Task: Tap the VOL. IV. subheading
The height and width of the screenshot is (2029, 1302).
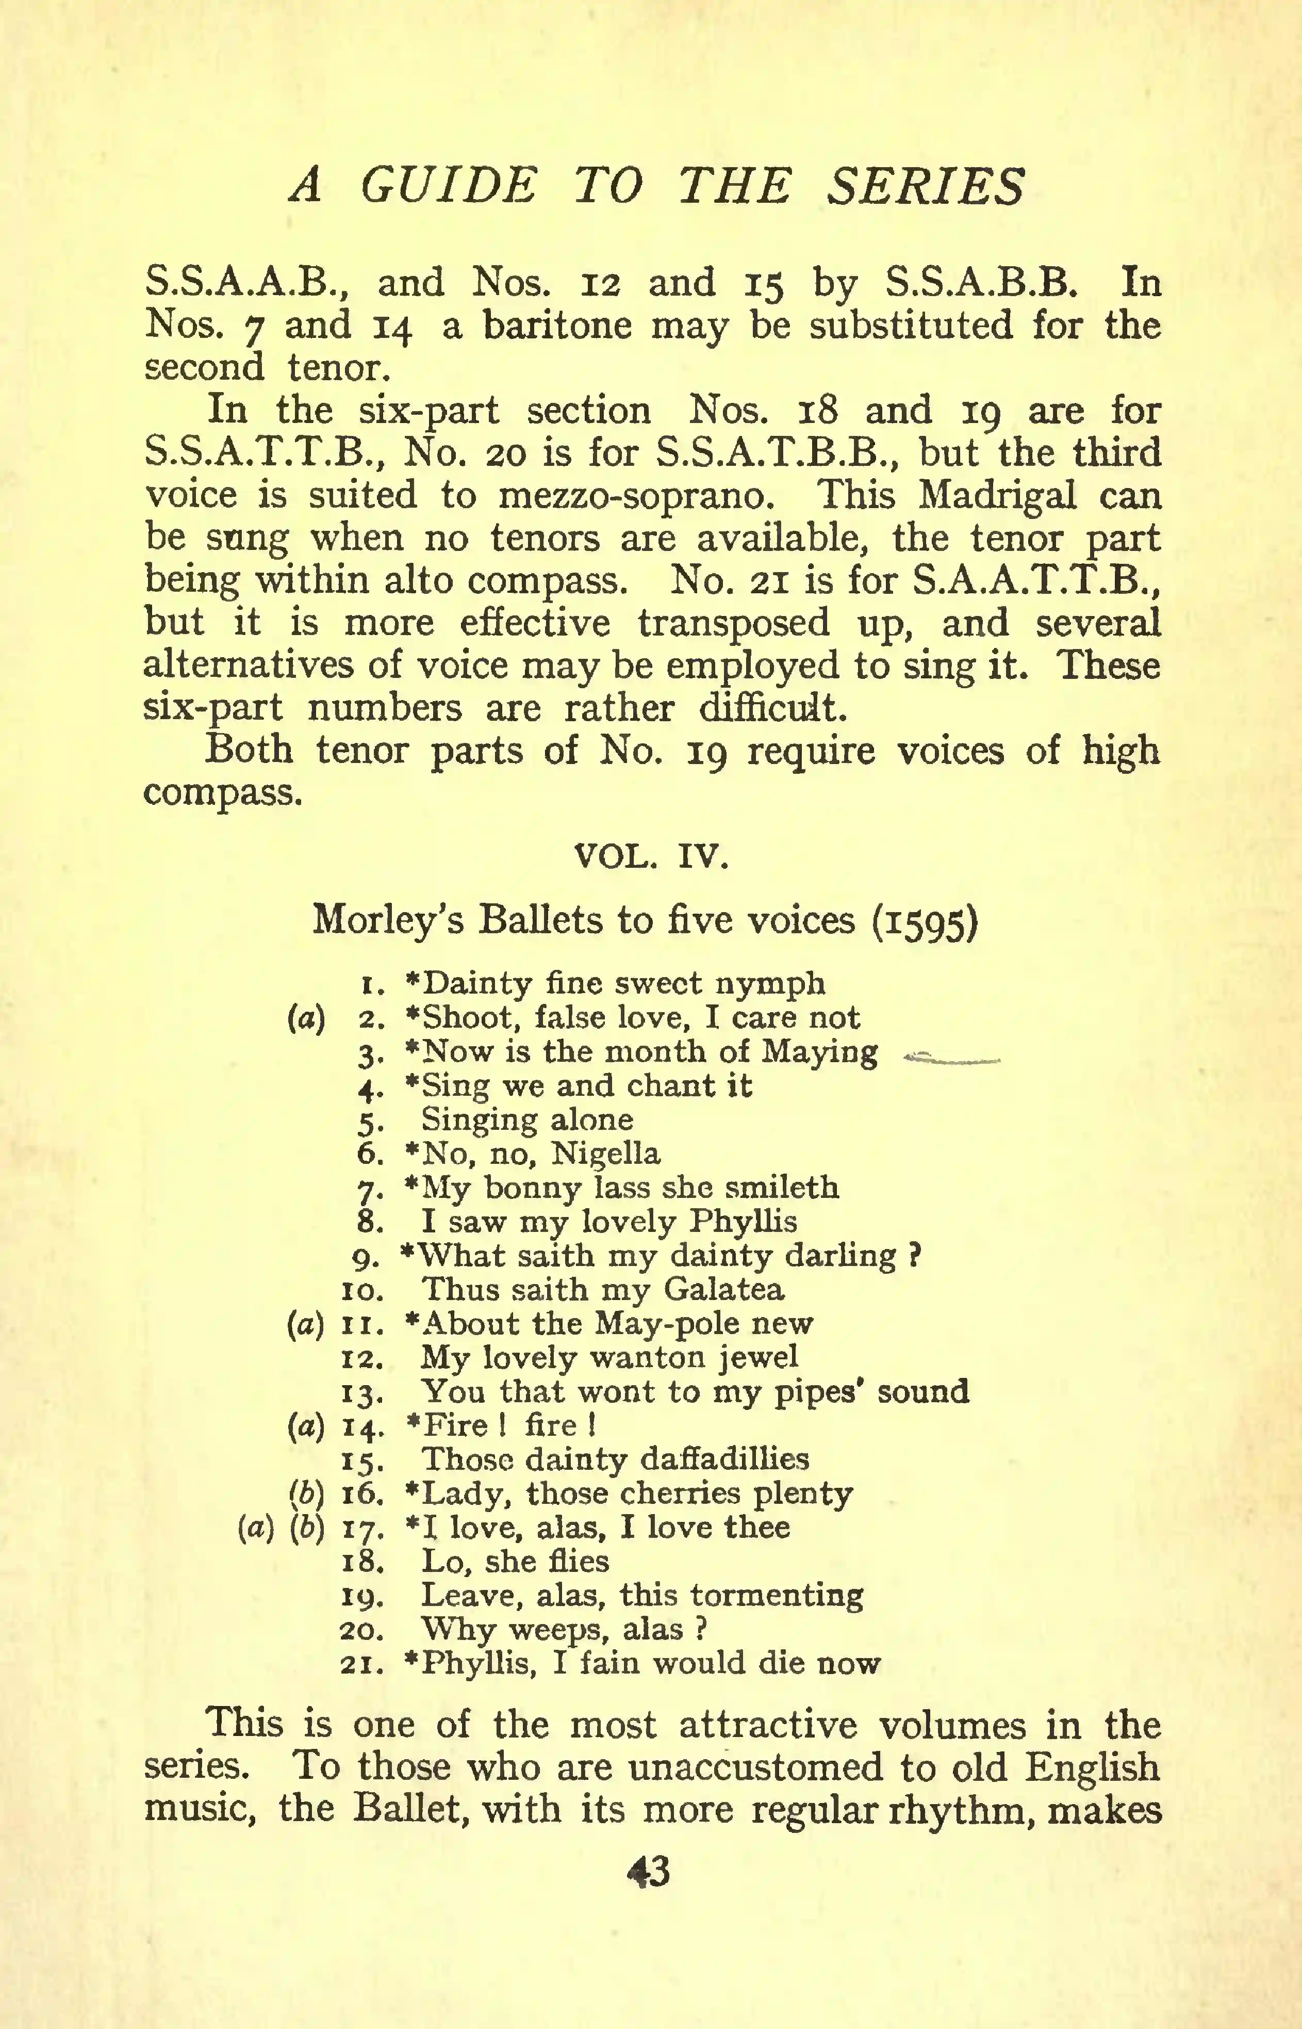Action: (650, 857)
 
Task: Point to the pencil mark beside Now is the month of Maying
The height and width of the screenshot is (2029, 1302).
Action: (952, 1057)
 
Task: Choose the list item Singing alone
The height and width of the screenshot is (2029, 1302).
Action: (526, 1120)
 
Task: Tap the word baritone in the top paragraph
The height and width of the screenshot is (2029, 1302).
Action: (557, 326)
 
